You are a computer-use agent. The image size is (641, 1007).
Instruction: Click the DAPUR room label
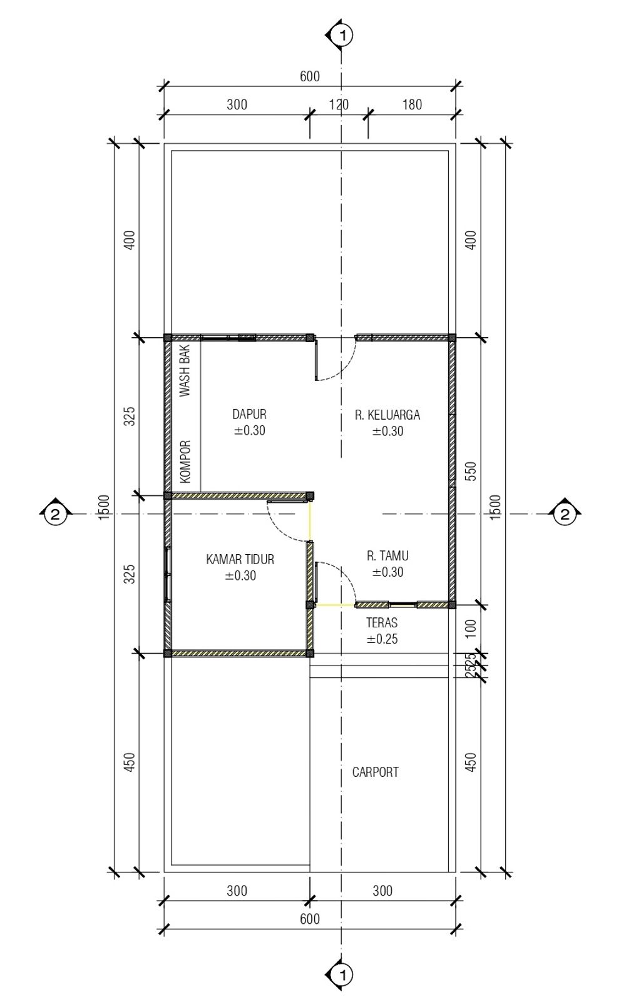coord(249,414)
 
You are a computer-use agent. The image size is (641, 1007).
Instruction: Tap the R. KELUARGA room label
coord(387,415)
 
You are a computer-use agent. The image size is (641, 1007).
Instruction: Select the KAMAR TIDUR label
coord(240,560)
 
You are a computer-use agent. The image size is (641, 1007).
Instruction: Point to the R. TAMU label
coord(387,556)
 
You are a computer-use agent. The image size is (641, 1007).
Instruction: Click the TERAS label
coord(382,622)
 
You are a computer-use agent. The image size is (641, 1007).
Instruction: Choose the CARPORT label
coord(375,772)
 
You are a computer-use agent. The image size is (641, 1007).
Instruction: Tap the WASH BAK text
coord(185,371)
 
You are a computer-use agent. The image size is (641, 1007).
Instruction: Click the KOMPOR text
coord(185,462)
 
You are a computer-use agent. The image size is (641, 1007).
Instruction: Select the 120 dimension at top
coord(339,104)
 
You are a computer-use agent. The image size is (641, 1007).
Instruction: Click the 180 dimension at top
coord(412,104)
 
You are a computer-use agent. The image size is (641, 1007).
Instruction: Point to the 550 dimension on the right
coord(471,472)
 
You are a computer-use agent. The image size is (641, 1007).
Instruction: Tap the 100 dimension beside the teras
coord(471,629)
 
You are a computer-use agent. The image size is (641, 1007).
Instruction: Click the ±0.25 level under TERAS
coord(382,639)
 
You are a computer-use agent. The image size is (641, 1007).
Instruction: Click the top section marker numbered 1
coord(341,35)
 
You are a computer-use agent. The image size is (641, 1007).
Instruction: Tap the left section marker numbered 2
coord(55,514)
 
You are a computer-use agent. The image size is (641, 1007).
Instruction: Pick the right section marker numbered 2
coord(565,514)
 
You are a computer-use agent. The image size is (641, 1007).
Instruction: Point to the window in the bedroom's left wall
coord(168,574)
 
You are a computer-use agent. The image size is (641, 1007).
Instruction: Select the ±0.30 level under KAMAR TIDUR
coord(240,576)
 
